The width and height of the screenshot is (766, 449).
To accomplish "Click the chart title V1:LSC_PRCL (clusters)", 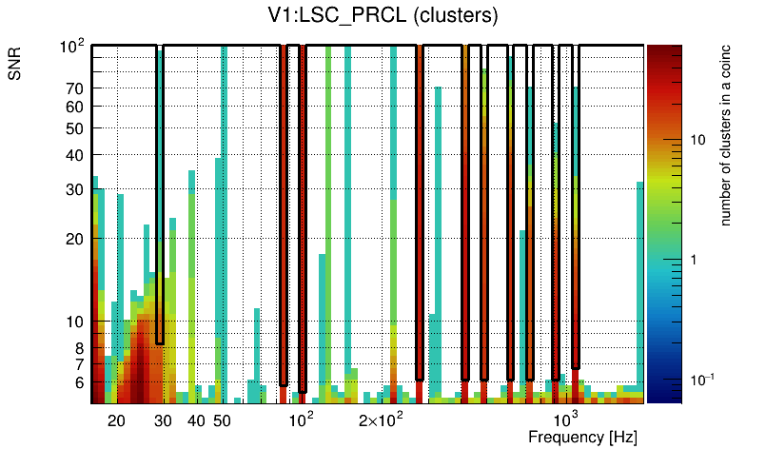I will point(383,16).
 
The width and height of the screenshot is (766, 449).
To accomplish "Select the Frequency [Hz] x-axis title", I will point(582,437).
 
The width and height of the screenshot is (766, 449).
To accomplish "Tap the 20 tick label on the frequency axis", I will point(116,420).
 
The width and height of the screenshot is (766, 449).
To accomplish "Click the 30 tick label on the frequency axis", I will point(163,420).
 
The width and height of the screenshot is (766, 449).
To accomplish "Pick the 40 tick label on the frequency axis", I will point(196,420).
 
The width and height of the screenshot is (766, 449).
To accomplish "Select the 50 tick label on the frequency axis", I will point(222,420).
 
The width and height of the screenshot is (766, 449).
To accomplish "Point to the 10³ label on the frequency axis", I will point(565,420).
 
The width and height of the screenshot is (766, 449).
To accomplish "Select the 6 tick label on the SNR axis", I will point(80,382).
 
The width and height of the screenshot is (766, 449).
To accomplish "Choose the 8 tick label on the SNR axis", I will point(80,348).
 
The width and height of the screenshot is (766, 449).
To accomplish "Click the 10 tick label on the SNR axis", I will point(76,322).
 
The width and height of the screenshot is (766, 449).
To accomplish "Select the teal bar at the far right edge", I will point(640,285).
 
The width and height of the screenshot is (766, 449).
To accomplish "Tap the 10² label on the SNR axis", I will point(74,46).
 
